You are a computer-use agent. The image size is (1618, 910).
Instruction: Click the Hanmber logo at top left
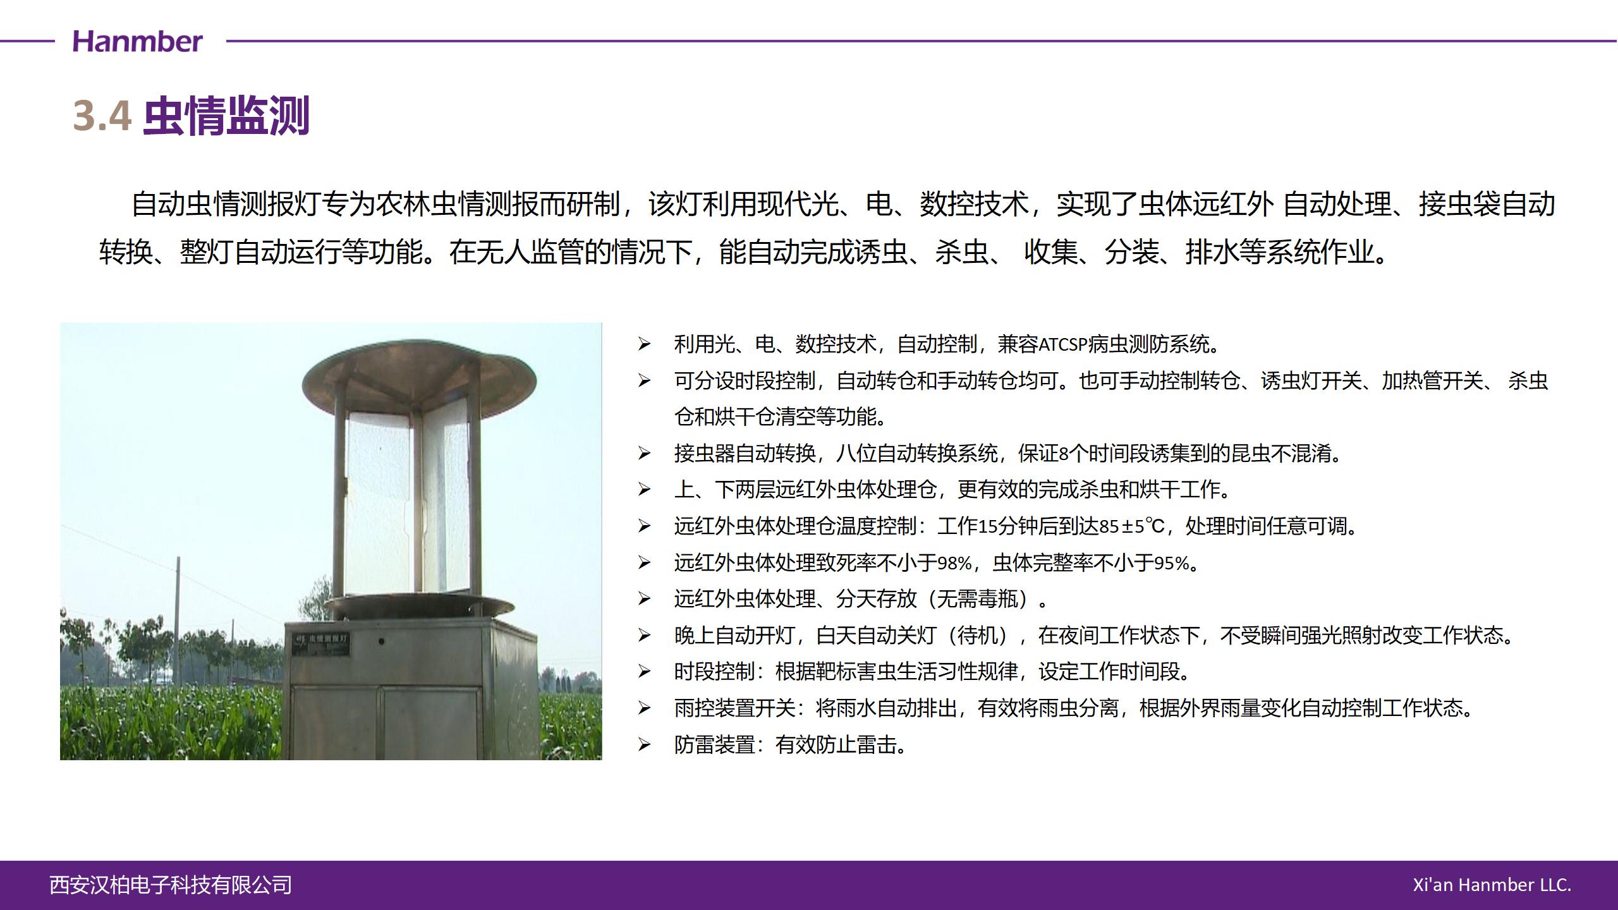tap(138, 42)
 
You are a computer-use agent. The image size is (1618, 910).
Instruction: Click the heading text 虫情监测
tap(226, 116)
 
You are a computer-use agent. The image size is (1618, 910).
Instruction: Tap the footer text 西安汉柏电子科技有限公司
tap(171, 885)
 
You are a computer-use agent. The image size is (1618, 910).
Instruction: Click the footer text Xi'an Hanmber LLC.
tap(1492, 885)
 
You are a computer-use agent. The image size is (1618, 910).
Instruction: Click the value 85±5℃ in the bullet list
tap(1131, 526)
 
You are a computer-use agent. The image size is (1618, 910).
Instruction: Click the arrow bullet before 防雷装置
tap(644, 744)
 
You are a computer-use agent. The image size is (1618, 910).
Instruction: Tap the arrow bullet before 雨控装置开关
tap(644, 708)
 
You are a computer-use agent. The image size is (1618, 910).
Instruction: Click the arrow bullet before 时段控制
tap(644, 671)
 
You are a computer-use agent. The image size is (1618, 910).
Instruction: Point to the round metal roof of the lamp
tap(419, 376)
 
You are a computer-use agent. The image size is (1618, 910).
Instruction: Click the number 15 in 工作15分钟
tap(987, 526)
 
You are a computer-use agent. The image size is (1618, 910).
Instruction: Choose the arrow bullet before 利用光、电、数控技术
tap(644, 344)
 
